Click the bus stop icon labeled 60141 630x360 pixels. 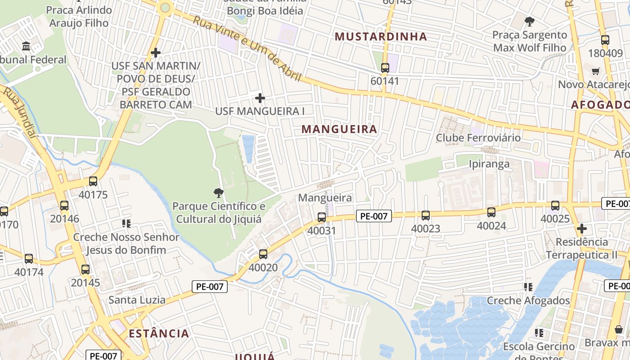pos(385,68)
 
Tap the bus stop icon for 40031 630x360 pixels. pos(321,217)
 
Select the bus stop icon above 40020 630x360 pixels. pos(263,254)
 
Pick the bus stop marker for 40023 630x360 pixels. pos(426,216)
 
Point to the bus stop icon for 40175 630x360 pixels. pos(93,181)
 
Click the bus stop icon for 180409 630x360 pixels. pos(605,40)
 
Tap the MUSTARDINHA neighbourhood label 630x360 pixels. pos(381,37)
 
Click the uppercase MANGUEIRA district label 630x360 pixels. pos(339,129)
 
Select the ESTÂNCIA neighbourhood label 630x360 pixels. pos(159,333)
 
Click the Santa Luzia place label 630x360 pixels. pos(137,300)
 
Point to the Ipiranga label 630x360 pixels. pos(489,163)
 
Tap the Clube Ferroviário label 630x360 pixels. pos(478,138)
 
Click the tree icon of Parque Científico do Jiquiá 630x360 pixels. pos(219,193)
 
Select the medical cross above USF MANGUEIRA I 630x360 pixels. pos(260,98)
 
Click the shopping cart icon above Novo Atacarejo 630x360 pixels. pos(596,71)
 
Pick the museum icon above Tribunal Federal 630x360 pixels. pos(26,46)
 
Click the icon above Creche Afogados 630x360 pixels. pos(528,287)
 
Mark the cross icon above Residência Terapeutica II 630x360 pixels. pos(581,229)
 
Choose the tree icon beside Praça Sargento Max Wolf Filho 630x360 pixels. pos(530,21)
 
